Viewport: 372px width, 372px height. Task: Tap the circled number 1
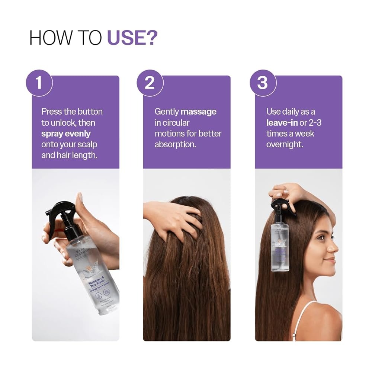pyautogui.click(x=39, y=83)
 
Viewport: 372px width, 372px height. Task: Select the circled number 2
pyautogui.click(x=150, y=83)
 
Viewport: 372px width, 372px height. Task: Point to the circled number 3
pyautogui.click(x=262, y=83)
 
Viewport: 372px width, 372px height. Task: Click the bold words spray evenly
pyautogui.click(x=66, y=133)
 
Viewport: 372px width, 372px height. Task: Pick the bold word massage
pyautogui.click(x=198, y=112)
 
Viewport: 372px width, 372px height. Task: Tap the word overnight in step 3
pyautogui.click(x=285, y=144)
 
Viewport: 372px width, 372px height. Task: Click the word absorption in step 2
pyautogui.click(x=175, y=144)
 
